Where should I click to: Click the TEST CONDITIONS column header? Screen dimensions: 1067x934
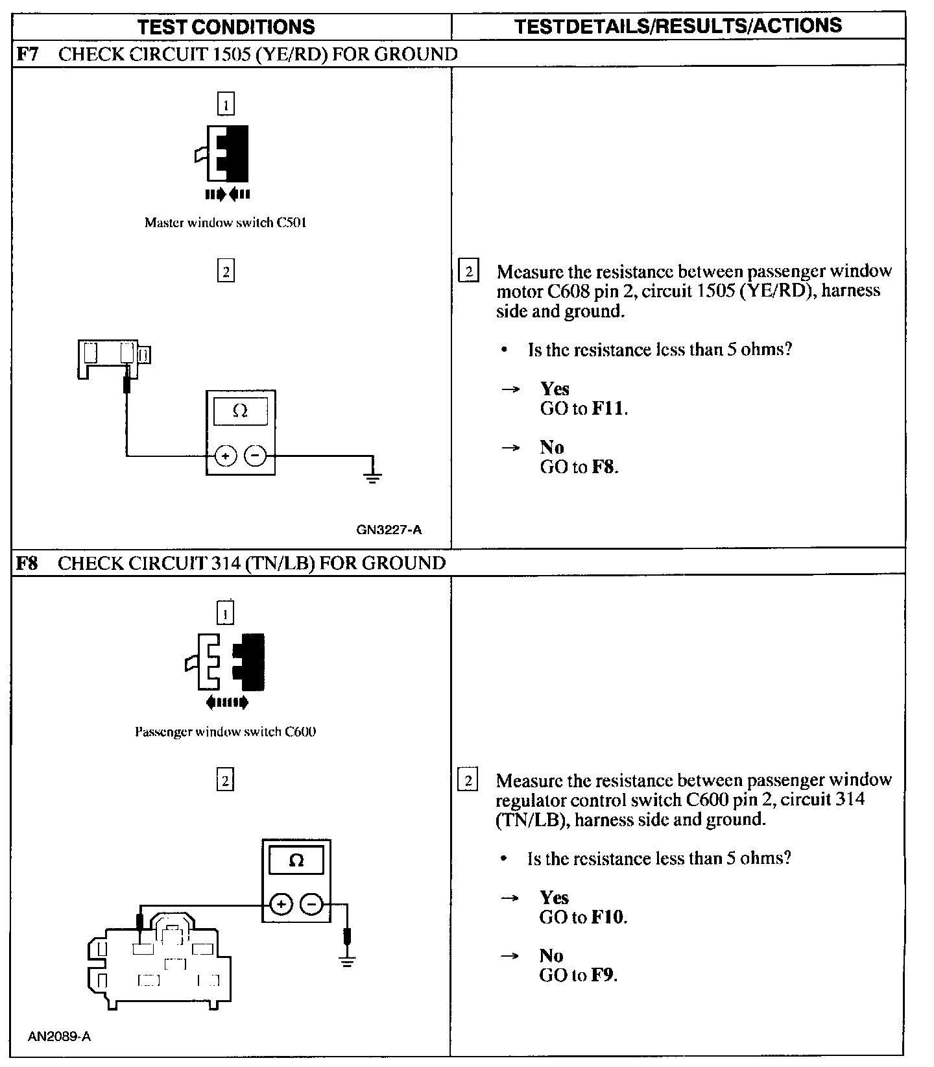coord(226,27)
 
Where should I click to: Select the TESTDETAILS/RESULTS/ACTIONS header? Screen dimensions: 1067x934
coord(678,26)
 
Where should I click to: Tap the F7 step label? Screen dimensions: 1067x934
coord(26,54)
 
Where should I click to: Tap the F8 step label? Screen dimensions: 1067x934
coord(26,563)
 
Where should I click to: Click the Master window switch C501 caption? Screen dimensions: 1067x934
coord(225,223)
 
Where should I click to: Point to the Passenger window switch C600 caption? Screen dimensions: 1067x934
coord(225,731)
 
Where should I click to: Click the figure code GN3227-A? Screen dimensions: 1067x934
coord(389,530)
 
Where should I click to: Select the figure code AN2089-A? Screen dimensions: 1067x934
coord(59,1036)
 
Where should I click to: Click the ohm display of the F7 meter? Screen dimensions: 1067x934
coord(240,411)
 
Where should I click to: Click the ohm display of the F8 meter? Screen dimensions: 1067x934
coord(296,861)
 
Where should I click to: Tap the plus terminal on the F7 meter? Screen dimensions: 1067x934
coord(226,456)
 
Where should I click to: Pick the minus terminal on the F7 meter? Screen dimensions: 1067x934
coord(255,456)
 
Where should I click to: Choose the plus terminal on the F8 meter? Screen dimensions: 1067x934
coord(281,903)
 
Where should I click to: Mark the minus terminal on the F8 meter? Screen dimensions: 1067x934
coord(312,903)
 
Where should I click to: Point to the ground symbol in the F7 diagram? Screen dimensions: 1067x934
coord(373,479)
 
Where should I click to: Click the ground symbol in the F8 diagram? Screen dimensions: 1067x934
coord(348,961)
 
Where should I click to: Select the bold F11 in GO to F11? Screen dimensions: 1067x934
coord(608,409)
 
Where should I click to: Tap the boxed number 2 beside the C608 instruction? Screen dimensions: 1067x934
coord(468,271)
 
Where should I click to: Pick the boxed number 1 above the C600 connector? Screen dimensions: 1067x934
coord(225,613)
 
